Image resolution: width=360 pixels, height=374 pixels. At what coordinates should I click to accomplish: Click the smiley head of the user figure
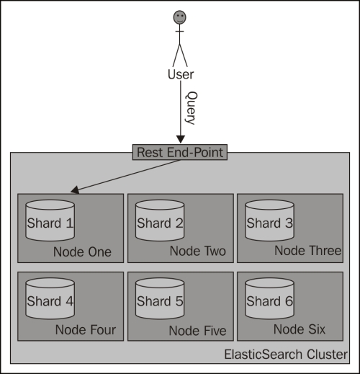point(180,17)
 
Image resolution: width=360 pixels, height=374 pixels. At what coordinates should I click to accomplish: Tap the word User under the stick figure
point(181,74)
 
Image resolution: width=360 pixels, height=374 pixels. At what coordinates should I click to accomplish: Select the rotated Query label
point(192,108)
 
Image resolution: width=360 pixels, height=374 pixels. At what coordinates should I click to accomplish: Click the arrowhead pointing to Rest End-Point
point(181,140)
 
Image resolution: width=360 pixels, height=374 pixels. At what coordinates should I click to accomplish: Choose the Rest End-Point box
point(180,152)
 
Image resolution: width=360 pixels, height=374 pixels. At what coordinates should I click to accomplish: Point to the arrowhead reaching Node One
point(75,190)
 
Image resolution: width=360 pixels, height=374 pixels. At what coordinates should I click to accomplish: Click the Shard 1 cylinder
point(50,221)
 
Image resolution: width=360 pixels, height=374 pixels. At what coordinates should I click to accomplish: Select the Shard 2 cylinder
point(160,221)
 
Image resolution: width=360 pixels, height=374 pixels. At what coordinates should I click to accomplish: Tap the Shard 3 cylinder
point(269,221)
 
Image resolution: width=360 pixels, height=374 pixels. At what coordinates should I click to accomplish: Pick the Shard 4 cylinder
point(50,298)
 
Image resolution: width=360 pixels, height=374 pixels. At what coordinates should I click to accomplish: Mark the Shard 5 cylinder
point(160,298)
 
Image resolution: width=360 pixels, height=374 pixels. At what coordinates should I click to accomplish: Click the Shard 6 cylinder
point(269,298)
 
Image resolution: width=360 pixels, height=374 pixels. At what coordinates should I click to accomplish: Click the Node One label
point(82,252)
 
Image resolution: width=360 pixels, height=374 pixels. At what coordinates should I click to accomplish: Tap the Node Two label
point(198,251)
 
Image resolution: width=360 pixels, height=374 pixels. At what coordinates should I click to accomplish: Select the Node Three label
point(308,251)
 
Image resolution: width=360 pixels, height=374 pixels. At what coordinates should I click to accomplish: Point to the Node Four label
point(86,330)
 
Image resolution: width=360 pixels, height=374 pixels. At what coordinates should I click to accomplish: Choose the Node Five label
point(198,331)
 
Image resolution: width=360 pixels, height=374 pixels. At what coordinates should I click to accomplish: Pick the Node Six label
point(300,329)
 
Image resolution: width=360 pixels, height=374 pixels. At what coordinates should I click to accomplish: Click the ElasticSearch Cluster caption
point(286,355)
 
